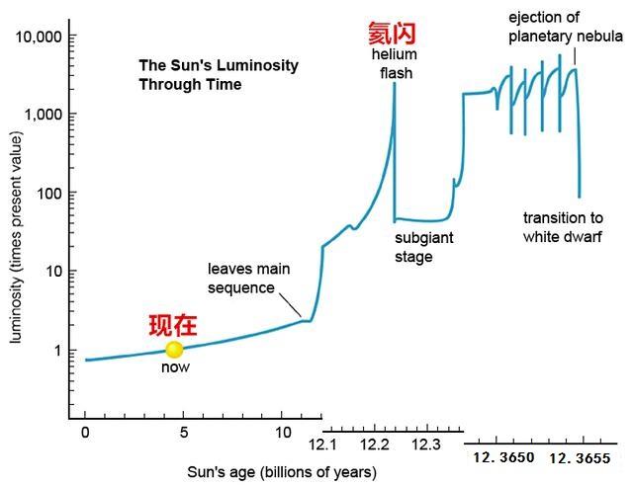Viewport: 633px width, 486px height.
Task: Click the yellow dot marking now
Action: pos(174,349)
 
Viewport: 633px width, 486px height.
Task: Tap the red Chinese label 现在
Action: pos(174,324)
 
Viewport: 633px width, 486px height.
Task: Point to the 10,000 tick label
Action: pos(40,37)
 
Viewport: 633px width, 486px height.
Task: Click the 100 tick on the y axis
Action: pos(49,193)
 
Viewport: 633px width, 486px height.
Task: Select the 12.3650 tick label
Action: pos(502,457)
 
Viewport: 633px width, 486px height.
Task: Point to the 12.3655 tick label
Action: pos(579,457)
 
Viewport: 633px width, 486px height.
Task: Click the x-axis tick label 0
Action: pos(86,433)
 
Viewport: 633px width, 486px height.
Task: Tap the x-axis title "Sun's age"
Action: pos(282,472)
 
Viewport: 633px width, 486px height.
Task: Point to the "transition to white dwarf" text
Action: pos(562,227)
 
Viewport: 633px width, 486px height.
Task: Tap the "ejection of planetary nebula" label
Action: pos(563,28)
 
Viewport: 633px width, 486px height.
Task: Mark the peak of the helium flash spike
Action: pos(395,84)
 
